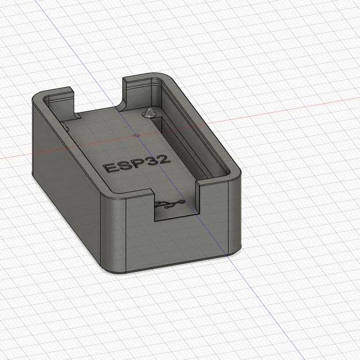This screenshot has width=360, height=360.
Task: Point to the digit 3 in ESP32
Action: coord(151,162)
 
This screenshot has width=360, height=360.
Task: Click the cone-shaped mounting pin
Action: coord(150,112)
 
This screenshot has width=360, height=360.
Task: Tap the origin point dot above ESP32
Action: coord(136,135)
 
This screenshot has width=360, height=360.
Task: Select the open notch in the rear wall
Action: coord(98,95)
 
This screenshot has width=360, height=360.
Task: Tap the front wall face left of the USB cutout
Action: coord(130,230)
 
